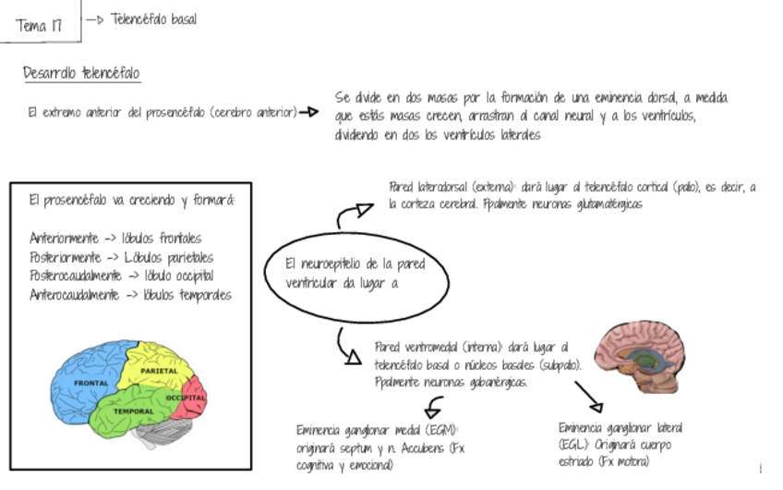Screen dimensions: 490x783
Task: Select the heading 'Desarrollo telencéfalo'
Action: (82, 73)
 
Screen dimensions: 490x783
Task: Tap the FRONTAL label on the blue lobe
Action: (91, 383)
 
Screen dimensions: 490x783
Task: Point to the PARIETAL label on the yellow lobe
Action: (159, 371)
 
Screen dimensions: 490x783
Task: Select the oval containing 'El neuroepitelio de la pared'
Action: (355, 273)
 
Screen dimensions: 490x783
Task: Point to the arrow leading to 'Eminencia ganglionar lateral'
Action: (587, 395)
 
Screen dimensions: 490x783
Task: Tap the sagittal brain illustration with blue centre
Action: (639, 355)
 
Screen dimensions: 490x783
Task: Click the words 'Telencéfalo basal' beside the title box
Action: (153, 19)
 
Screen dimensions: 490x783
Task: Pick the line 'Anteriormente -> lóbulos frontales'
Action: (115, 238)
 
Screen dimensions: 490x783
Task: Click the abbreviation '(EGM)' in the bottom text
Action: (440, 431)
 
